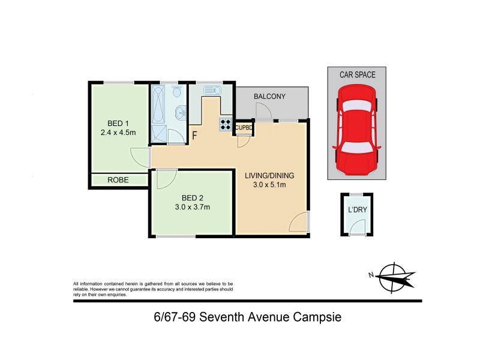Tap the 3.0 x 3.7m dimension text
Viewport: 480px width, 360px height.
pos(191,207)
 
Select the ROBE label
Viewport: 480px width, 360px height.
pos(119,179)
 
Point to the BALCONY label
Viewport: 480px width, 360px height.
pos(269,97)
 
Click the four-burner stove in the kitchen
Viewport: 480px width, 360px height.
pos(226,124)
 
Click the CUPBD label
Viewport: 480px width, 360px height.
pos(244,127)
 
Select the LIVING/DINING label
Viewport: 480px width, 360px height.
pos(269,176)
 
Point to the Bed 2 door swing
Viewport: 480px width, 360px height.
pos(165,178)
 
